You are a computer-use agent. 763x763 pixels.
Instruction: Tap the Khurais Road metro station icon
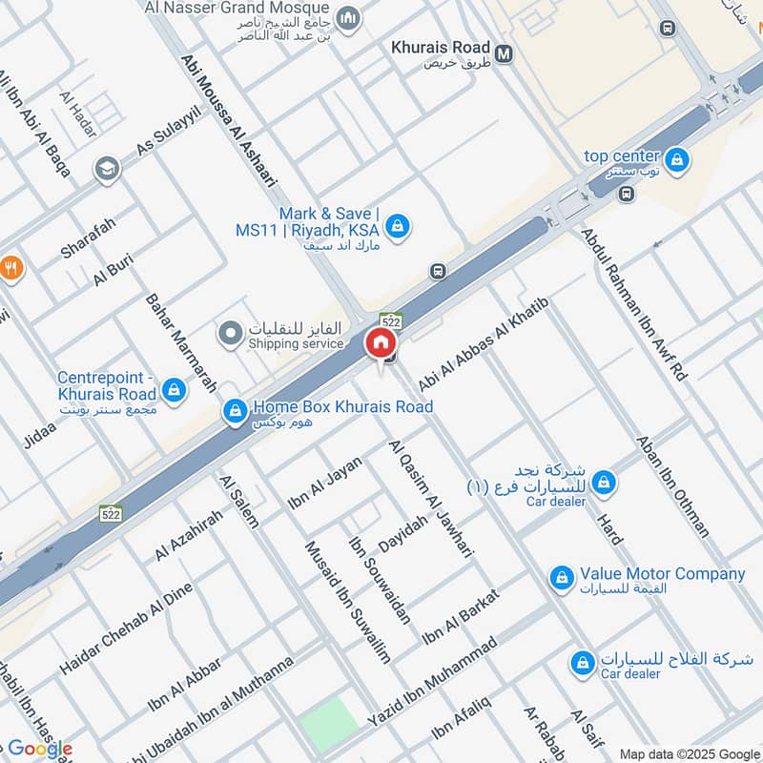click(504, 54)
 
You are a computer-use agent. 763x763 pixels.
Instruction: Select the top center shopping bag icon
click(676, 158)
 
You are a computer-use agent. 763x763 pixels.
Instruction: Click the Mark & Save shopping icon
click(399, 226)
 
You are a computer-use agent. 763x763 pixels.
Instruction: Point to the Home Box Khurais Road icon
click(234, 412)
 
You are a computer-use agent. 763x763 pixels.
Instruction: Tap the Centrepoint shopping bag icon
click(174, 389)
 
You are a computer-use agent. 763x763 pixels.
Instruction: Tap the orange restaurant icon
click(10, 268)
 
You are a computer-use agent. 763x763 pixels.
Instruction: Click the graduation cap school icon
click(107, 170)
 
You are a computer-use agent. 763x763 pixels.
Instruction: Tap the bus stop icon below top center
click(626, 195)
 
